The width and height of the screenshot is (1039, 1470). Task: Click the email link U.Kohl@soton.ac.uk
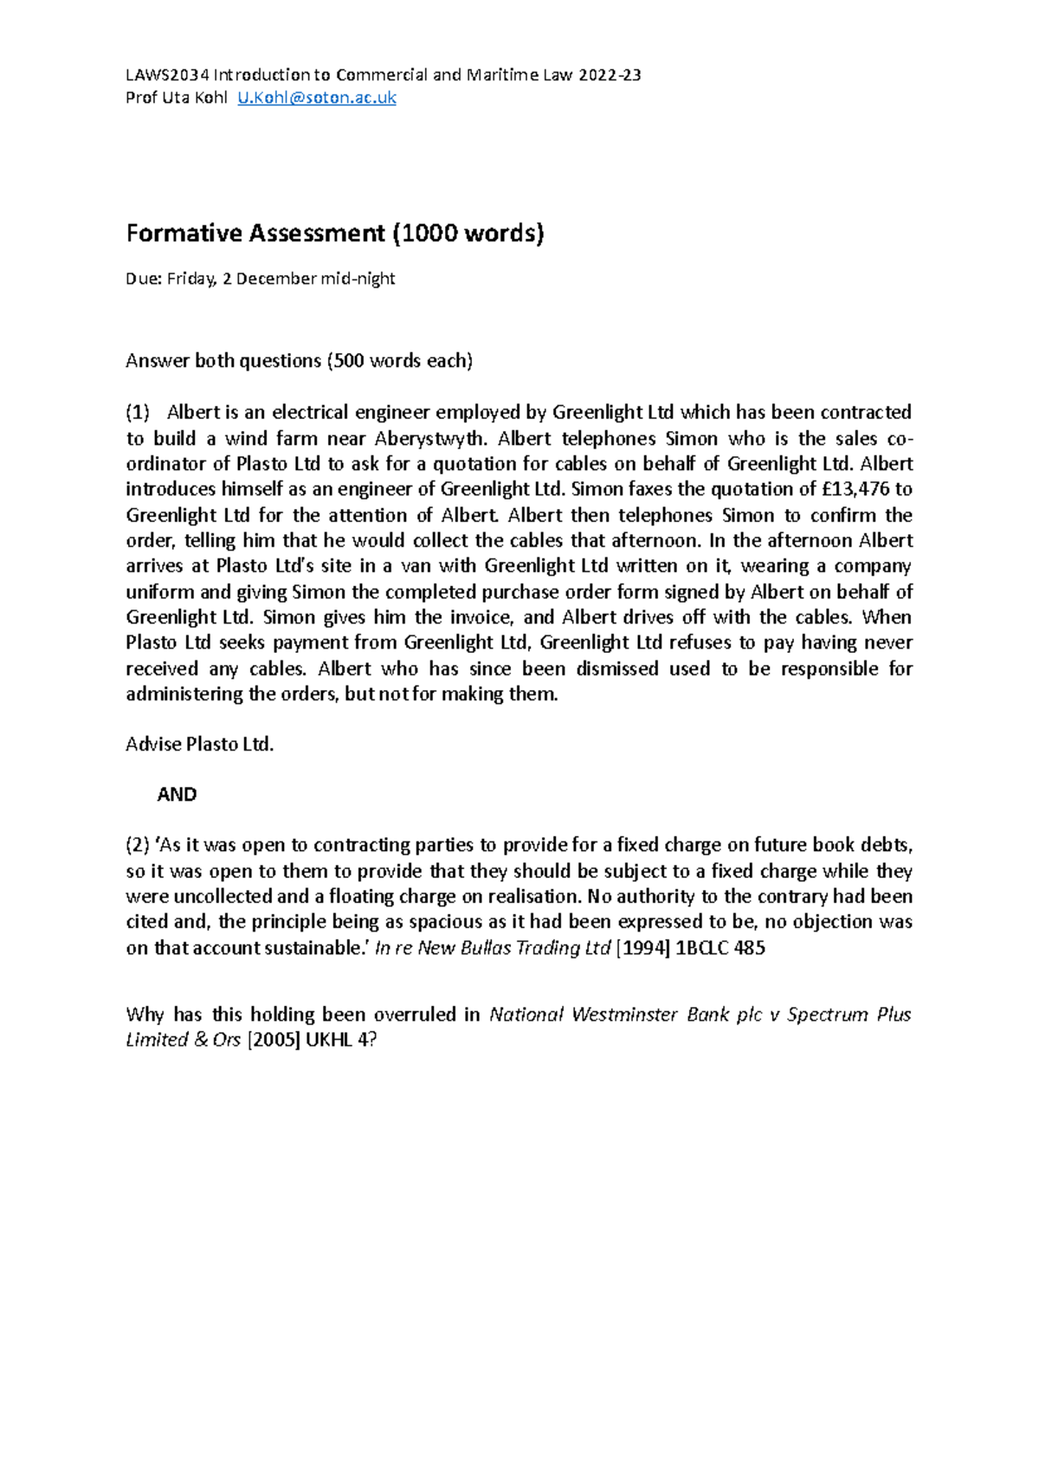(x=317, y=98)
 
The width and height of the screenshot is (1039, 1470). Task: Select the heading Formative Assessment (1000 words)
(x=335, y=233)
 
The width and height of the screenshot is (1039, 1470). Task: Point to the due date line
(x=260, y=279)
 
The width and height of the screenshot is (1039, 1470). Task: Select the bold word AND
(x=177, y=795)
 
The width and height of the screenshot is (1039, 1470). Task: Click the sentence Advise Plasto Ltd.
(x=200, y=745)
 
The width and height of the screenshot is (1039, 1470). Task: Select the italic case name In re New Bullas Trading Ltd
(x=493, y=948)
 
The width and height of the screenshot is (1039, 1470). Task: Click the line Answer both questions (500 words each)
(x=300, y=361)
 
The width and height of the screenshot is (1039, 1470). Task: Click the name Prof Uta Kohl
(x=176, y=98)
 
